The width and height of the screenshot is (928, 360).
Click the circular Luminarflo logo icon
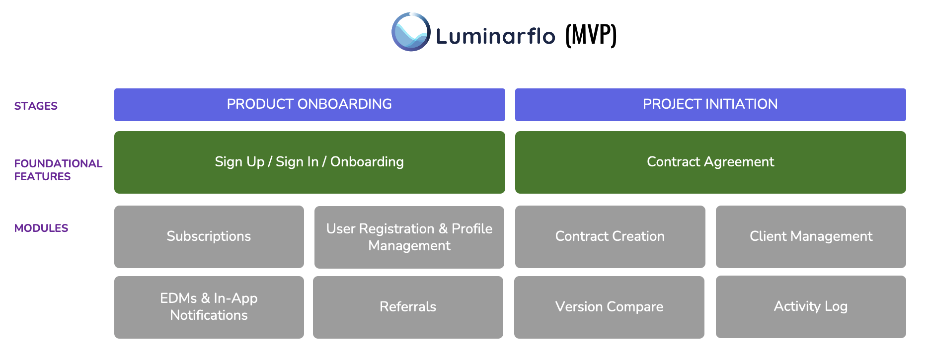[411, 32]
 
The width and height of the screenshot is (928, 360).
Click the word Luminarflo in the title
[495, 36]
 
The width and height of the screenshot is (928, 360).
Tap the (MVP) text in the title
[591, 35]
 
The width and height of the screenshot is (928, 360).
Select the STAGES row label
[36, 106]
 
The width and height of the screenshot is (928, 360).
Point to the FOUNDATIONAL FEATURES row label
[58, 170]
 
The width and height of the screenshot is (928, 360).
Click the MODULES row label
[41, 228]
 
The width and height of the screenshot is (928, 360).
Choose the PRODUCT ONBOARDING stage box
[309, 104]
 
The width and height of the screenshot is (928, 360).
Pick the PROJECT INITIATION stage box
[710, 104]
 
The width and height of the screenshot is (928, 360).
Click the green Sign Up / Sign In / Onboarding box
[309, 162]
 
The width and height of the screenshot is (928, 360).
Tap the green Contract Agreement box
[710, 162]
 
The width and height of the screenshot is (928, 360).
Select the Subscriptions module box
[209, 236]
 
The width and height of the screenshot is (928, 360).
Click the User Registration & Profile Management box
[409, 237]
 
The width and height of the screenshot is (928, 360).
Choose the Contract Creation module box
[610, 236]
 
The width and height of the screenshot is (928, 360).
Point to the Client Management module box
[811, 236]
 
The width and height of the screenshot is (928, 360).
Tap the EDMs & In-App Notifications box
[209, 307]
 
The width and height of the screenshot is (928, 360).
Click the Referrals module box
[408, 307]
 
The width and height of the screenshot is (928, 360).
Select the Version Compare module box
[609, 307]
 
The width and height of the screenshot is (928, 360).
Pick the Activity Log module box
[811, 306]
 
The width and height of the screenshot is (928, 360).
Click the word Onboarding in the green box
[367, 162]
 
